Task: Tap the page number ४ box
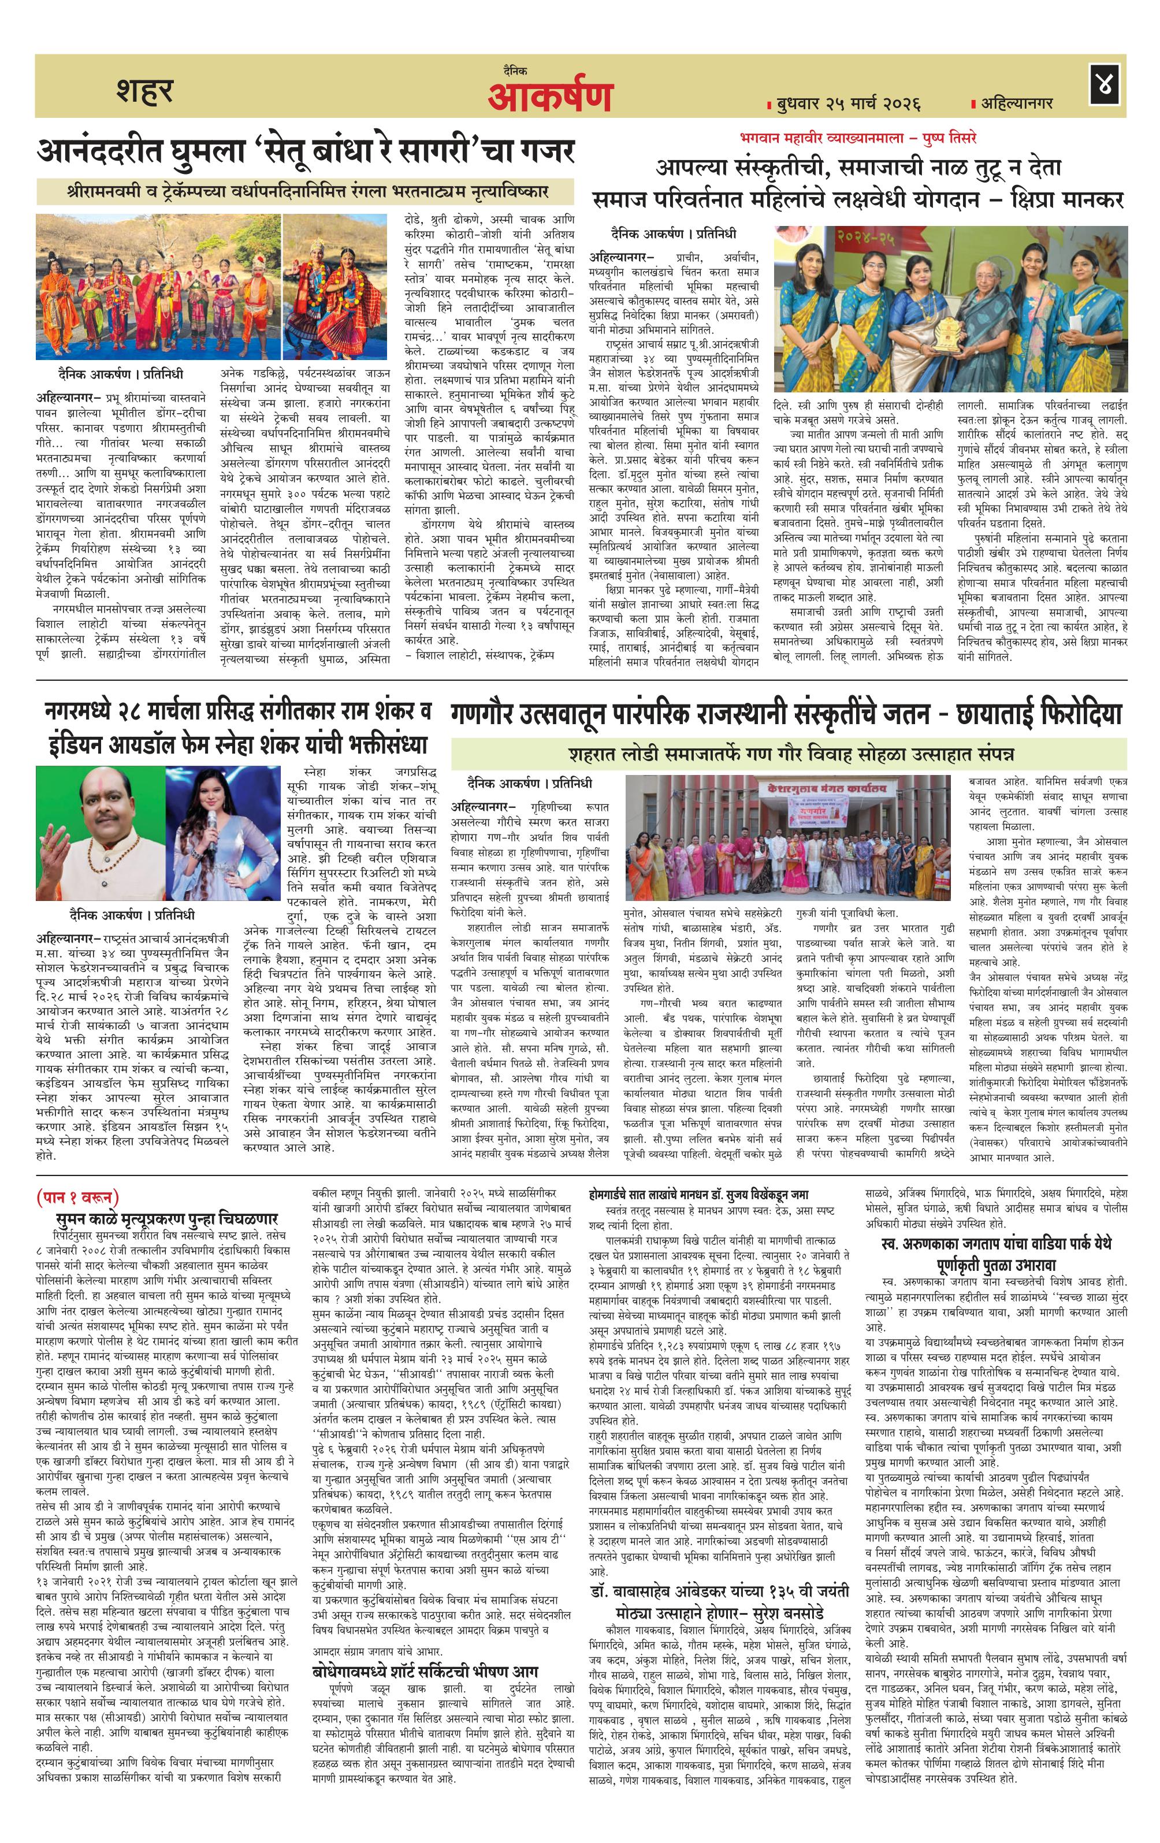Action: click(1106, 85)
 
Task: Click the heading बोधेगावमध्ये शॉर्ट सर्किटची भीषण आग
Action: click(425, 1601)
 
